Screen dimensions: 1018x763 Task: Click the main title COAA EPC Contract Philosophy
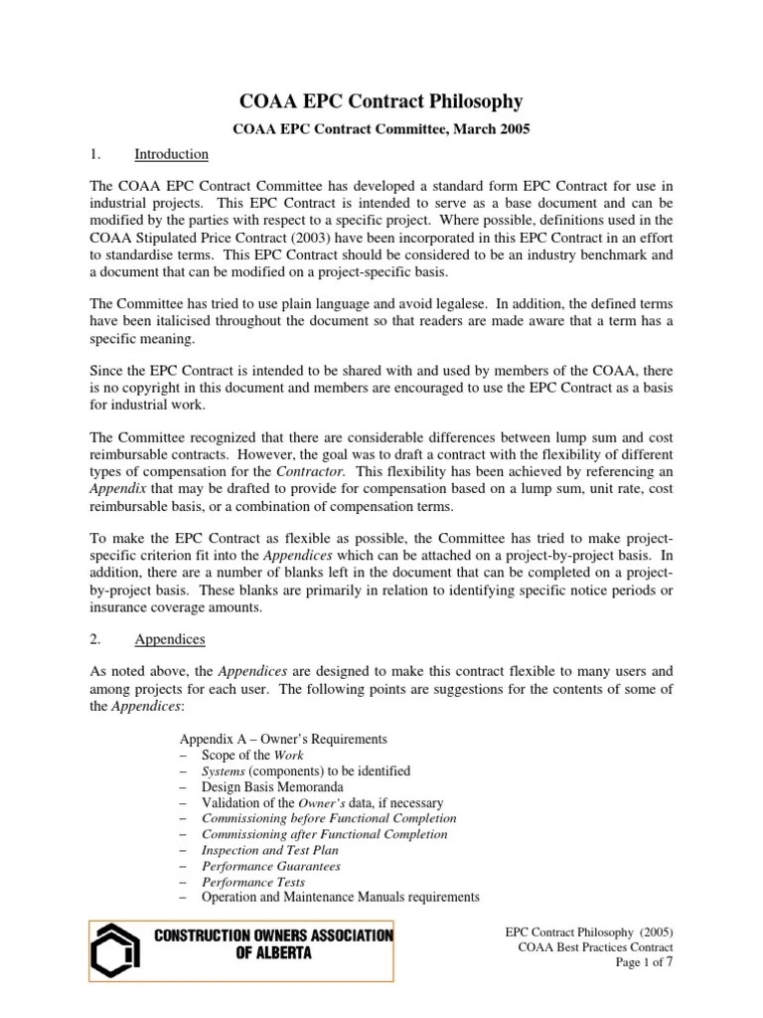click(x=382, y=101)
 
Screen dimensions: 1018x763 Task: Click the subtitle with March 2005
click(x=381, y=128)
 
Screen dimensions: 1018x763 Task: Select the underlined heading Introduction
click(x=171, y=154)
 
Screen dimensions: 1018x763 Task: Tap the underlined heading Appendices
click(x=170, y=639)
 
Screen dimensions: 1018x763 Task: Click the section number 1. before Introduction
click(x=95, y=154)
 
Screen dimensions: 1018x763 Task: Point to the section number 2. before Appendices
click(x=95, y=639)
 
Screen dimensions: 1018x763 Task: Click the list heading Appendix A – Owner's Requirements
click(x=282, y=739)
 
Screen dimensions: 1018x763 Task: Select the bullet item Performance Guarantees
click(x=270, y=866)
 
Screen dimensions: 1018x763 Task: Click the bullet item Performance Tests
click(x=252, y=882)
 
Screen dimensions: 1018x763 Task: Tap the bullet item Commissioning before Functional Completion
click(x=329, y=818)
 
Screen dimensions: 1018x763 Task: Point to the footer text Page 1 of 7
click(x=645, y=962)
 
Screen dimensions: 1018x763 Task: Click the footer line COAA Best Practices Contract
click(x=596, y=947)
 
